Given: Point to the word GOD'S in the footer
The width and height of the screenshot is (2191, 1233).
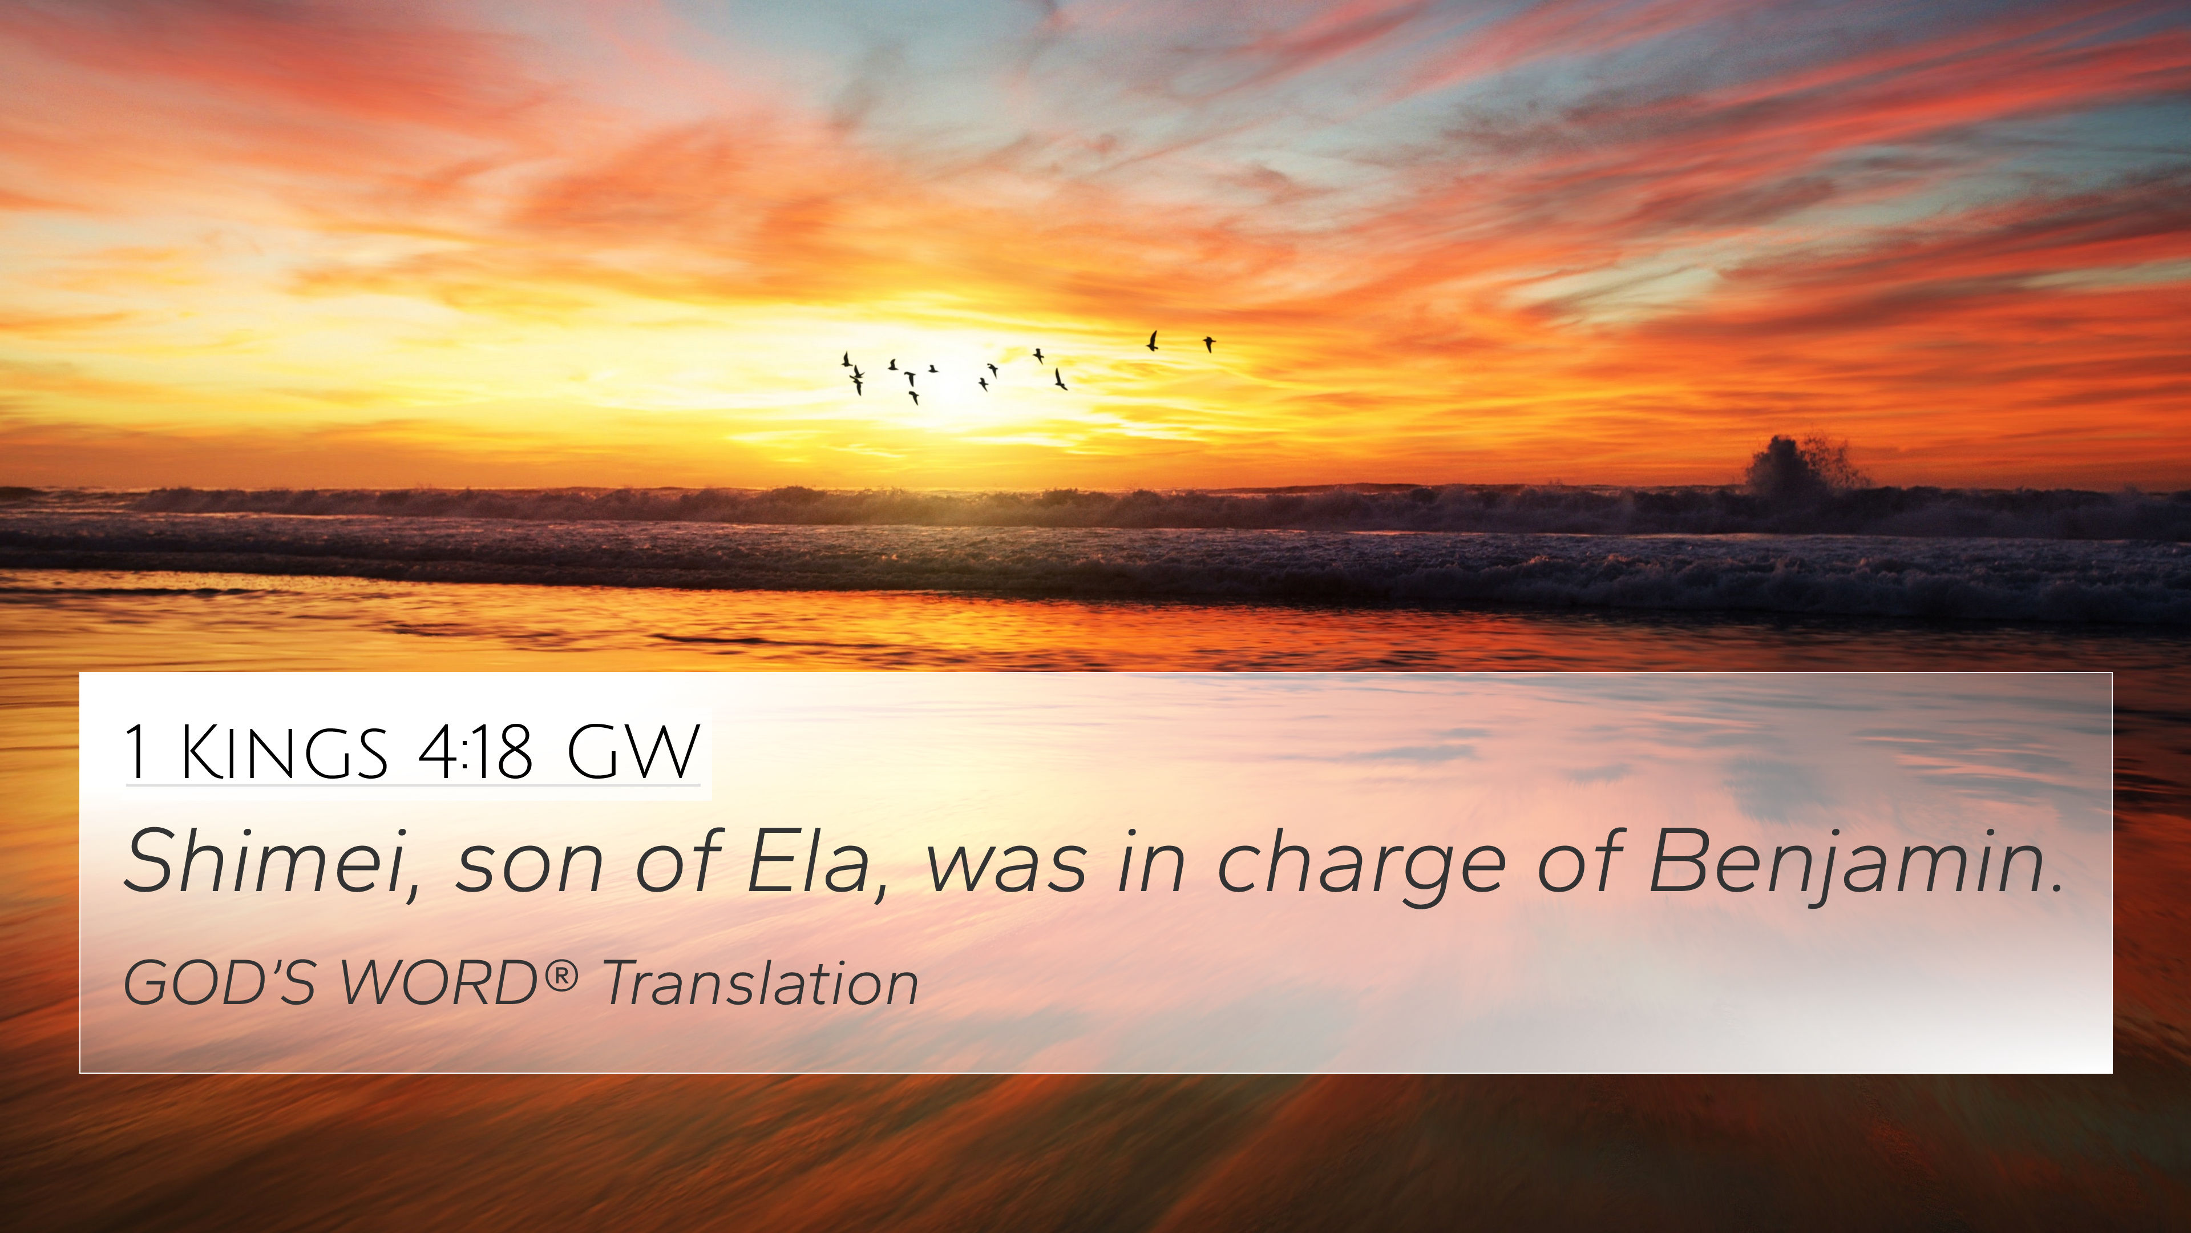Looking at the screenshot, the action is (x=220, y=983).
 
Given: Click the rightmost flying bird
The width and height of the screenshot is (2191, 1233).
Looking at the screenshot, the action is (x=1208, y=344).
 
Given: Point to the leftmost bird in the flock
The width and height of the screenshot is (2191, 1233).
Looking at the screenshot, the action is (x=846, y=359).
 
